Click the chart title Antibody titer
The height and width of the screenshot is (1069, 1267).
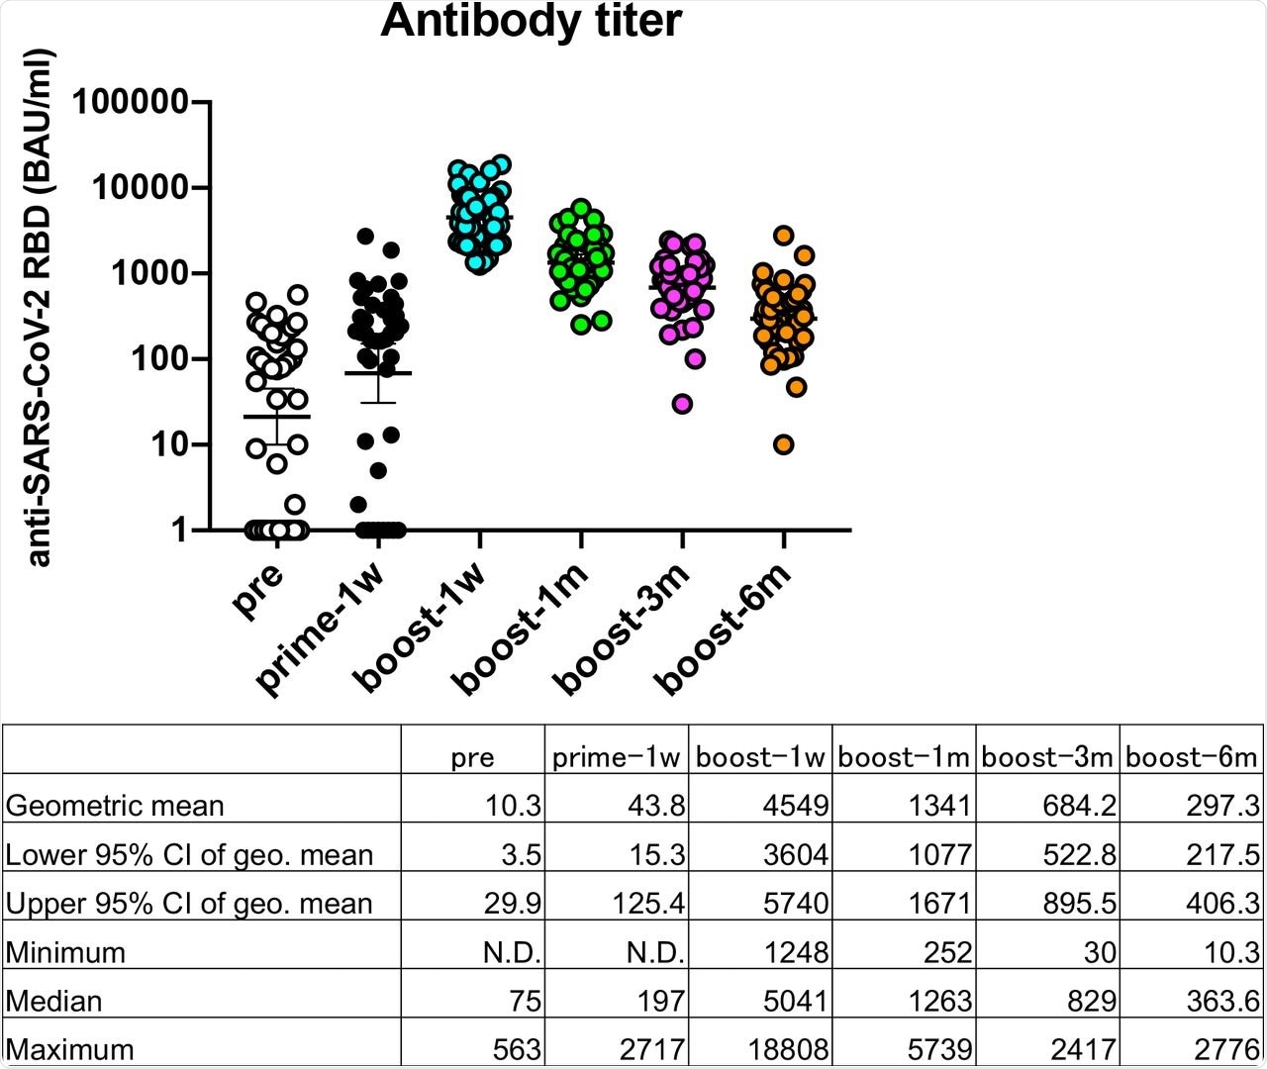coord(531,22)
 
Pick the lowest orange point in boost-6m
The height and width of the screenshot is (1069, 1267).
coord(784,444)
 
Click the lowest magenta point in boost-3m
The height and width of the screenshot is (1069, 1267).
coord(682,404)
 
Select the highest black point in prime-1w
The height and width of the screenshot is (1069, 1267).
coord(365,236)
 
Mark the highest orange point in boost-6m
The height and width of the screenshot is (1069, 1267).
coord(784,235)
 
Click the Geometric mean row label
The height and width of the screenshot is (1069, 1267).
coord(115,806)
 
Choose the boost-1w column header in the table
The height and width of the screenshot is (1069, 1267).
coord(760,758)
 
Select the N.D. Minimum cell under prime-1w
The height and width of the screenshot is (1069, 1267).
coord(656,952)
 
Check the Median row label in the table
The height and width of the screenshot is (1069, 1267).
coord(53,1001)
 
